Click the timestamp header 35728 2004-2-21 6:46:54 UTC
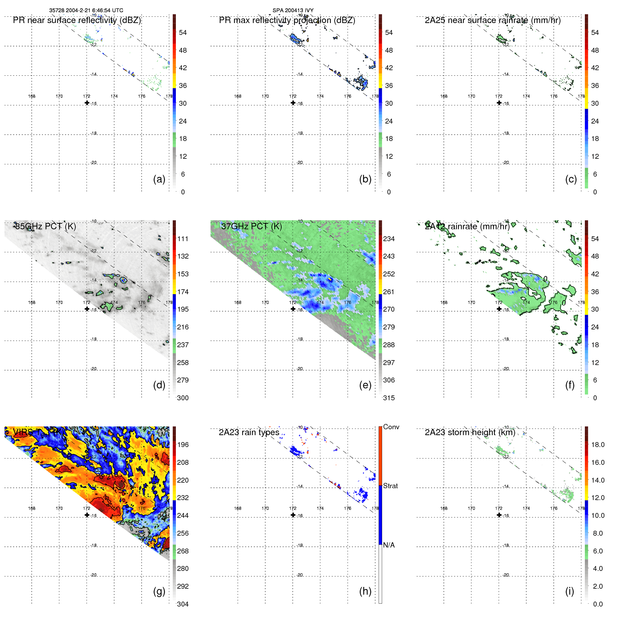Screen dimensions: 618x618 click(x=86, y=10)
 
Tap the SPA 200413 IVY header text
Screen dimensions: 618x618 click(x=293, y=10)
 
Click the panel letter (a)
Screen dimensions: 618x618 click(x=159, y=179)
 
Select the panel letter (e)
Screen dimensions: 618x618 click(x=365, y=385)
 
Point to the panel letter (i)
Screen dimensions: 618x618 click(x=569, y=591)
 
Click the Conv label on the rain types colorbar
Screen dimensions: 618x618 click(x=391, y=427)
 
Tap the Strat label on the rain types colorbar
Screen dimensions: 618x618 click(x=390, y=486)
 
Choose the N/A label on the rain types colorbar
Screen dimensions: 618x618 click(x=389, y=545)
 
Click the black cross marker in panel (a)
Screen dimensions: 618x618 click(x=87, y=103)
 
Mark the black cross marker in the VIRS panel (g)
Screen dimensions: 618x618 click(x=87, y=515)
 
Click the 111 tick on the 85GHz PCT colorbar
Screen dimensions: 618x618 click(x=183, y=239)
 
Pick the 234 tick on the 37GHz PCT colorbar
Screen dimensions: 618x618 click(x=389, y=239)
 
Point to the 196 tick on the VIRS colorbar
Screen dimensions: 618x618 click(x=183, y=445)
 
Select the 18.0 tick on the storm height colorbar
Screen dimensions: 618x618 click(x=597, y=445)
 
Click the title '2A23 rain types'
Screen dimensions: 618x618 click(x=249, y=432)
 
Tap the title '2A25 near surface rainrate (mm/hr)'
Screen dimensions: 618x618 click(x=492, y=20)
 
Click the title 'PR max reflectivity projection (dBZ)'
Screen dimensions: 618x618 click(x=287, y=20)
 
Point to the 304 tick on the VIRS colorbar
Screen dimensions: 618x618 click(x=183, y=604)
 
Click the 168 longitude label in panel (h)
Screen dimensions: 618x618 click(x=238, y=508)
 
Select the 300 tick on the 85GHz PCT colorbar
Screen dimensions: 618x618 click(x=183, y=398)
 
